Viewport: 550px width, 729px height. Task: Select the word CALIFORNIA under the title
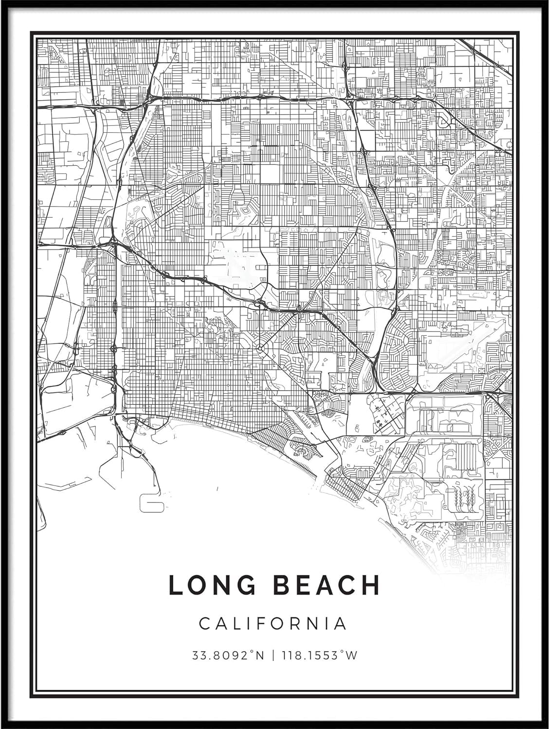[273, 623]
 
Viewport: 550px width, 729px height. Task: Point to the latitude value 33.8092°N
[228, 655]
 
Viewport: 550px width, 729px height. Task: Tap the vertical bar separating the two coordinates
[274, 655]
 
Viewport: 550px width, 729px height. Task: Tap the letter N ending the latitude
[260, 655]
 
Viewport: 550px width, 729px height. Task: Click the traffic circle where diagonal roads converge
[259, 348]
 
